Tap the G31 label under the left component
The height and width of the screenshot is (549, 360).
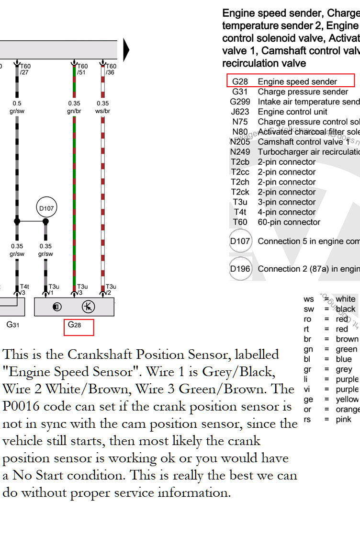(13, 325)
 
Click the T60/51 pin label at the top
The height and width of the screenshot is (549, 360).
(82, 69)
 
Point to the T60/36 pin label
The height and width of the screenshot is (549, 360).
(111, 69)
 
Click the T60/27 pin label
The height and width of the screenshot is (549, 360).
(25, 69)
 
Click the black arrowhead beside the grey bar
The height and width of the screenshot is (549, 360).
(126, 50)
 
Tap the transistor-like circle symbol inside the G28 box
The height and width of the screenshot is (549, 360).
(88, 307)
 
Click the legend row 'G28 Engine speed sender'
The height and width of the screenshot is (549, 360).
(291, 81)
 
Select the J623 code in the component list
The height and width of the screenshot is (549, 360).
(239, 112)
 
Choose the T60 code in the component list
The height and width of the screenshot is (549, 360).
(240, 222)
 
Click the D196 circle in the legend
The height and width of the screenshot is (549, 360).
(240, 269)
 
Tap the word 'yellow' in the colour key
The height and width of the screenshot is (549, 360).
(347, 399)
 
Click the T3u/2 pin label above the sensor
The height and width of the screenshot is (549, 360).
(111, 289)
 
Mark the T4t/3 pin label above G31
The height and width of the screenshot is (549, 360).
(25, 289)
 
